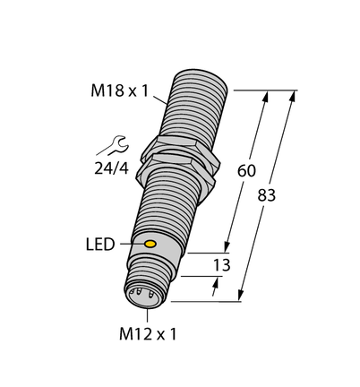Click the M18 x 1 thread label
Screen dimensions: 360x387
119,90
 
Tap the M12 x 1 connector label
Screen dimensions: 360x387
148,334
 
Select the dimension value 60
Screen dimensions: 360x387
246,171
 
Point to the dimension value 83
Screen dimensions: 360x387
267,196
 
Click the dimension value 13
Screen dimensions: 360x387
222,265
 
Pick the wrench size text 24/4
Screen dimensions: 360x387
111,168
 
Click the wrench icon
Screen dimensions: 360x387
113,145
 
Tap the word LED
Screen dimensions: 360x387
100,245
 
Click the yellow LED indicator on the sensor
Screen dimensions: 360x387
150,244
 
